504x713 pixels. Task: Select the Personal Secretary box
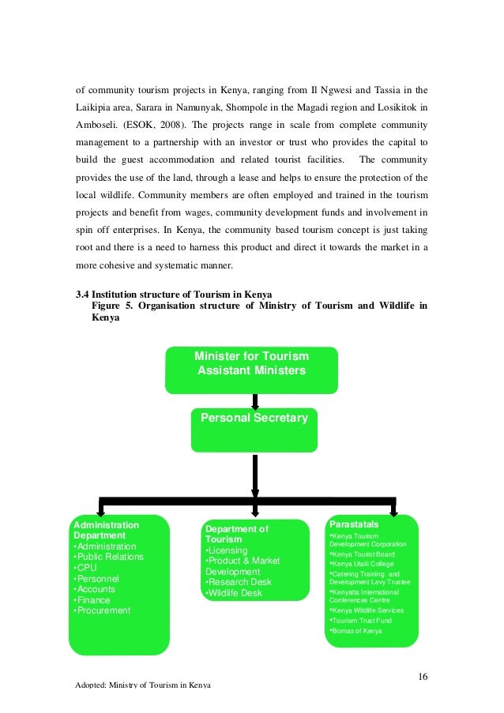pyautogui.click(x=254, y=418)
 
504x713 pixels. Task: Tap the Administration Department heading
pyautogui.click(x=106, y=530)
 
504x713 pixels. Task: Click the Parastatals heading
pyautogui.click(x=353, y=524)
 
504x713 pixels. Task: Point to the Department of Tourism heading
pyautogui.click(x=236, y=534)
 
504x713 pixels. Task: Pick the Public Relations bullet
pyautogui.click(x=108, y=557)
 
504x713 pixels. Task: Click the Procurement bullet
pyautogui.click(x=102, y=610)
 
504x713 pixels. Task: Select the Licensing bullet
pyautogui.click(x=227, y=550)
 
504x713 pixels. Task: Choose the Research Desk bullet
pyautogui.click(x=237, y=583)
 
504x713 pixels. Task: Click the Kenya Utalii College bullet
pyautogui.click(x=363, y=563)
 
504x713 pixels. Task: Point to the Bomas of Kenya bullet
pyautogui.click(x=355, y=629)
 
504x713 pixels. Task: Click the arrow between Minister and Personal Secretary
pyautogui.click(x=254, y=400)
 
